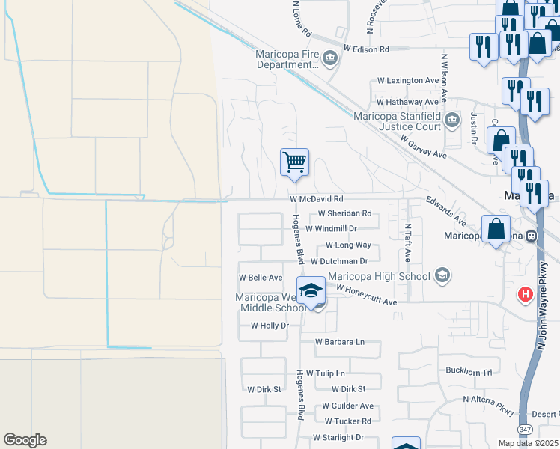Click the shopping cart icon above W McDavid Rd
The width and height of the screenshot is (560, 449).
coord(295,162)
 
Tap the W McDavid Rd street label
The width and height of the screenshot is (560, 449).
coord(316,200)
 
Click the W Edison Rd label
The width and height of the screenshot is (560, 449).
coord(367,49)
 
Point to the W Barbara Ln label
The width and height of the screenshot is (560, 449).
coord(339,342)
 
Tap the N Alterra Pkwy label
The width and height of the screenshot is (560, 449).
coord(489,400)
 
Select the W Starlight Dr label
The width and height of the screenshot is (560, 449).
coord(338,437)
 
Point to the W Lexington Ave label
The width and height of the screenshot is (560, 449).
coord(407,80)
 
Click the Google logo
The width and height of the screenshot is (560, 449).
coord(25,440)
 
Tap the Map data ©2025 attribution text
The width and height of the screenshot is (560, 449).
coord(527,443)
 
